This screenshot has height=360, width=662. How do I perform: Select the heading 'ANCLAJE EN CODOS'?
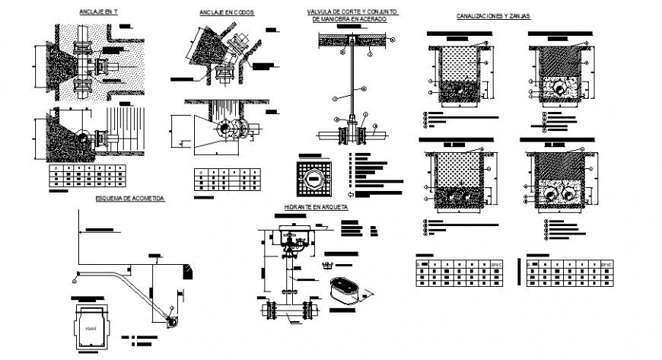tap(227, 13)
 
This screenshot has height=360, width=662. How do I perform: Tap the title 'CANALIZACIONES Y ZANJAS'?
tap(493, 15)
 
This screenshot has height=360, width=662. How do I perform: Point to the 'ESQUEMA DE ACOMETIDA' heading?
tap(129, 197)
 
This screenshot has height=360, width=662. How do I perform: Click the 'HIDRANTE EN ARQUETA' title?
tap(316, 206)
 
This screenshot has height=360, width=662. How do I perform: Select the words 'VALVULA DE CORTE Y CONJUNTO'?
tap(352, 12)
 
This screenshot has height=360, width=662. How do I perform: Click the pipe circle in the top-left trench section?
tap(457, 89)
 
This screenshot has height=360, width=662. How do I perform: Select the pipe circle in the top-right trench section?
tap(561, 89)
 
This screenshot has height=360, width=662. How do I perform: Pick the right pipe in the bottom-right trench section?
tap(569, 193)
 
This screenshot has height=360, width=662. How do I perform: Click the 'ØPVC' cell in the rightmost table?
tap(606, 264)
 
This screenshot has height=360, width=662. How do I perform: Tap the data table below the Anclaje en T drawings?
tap(84, 177)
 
